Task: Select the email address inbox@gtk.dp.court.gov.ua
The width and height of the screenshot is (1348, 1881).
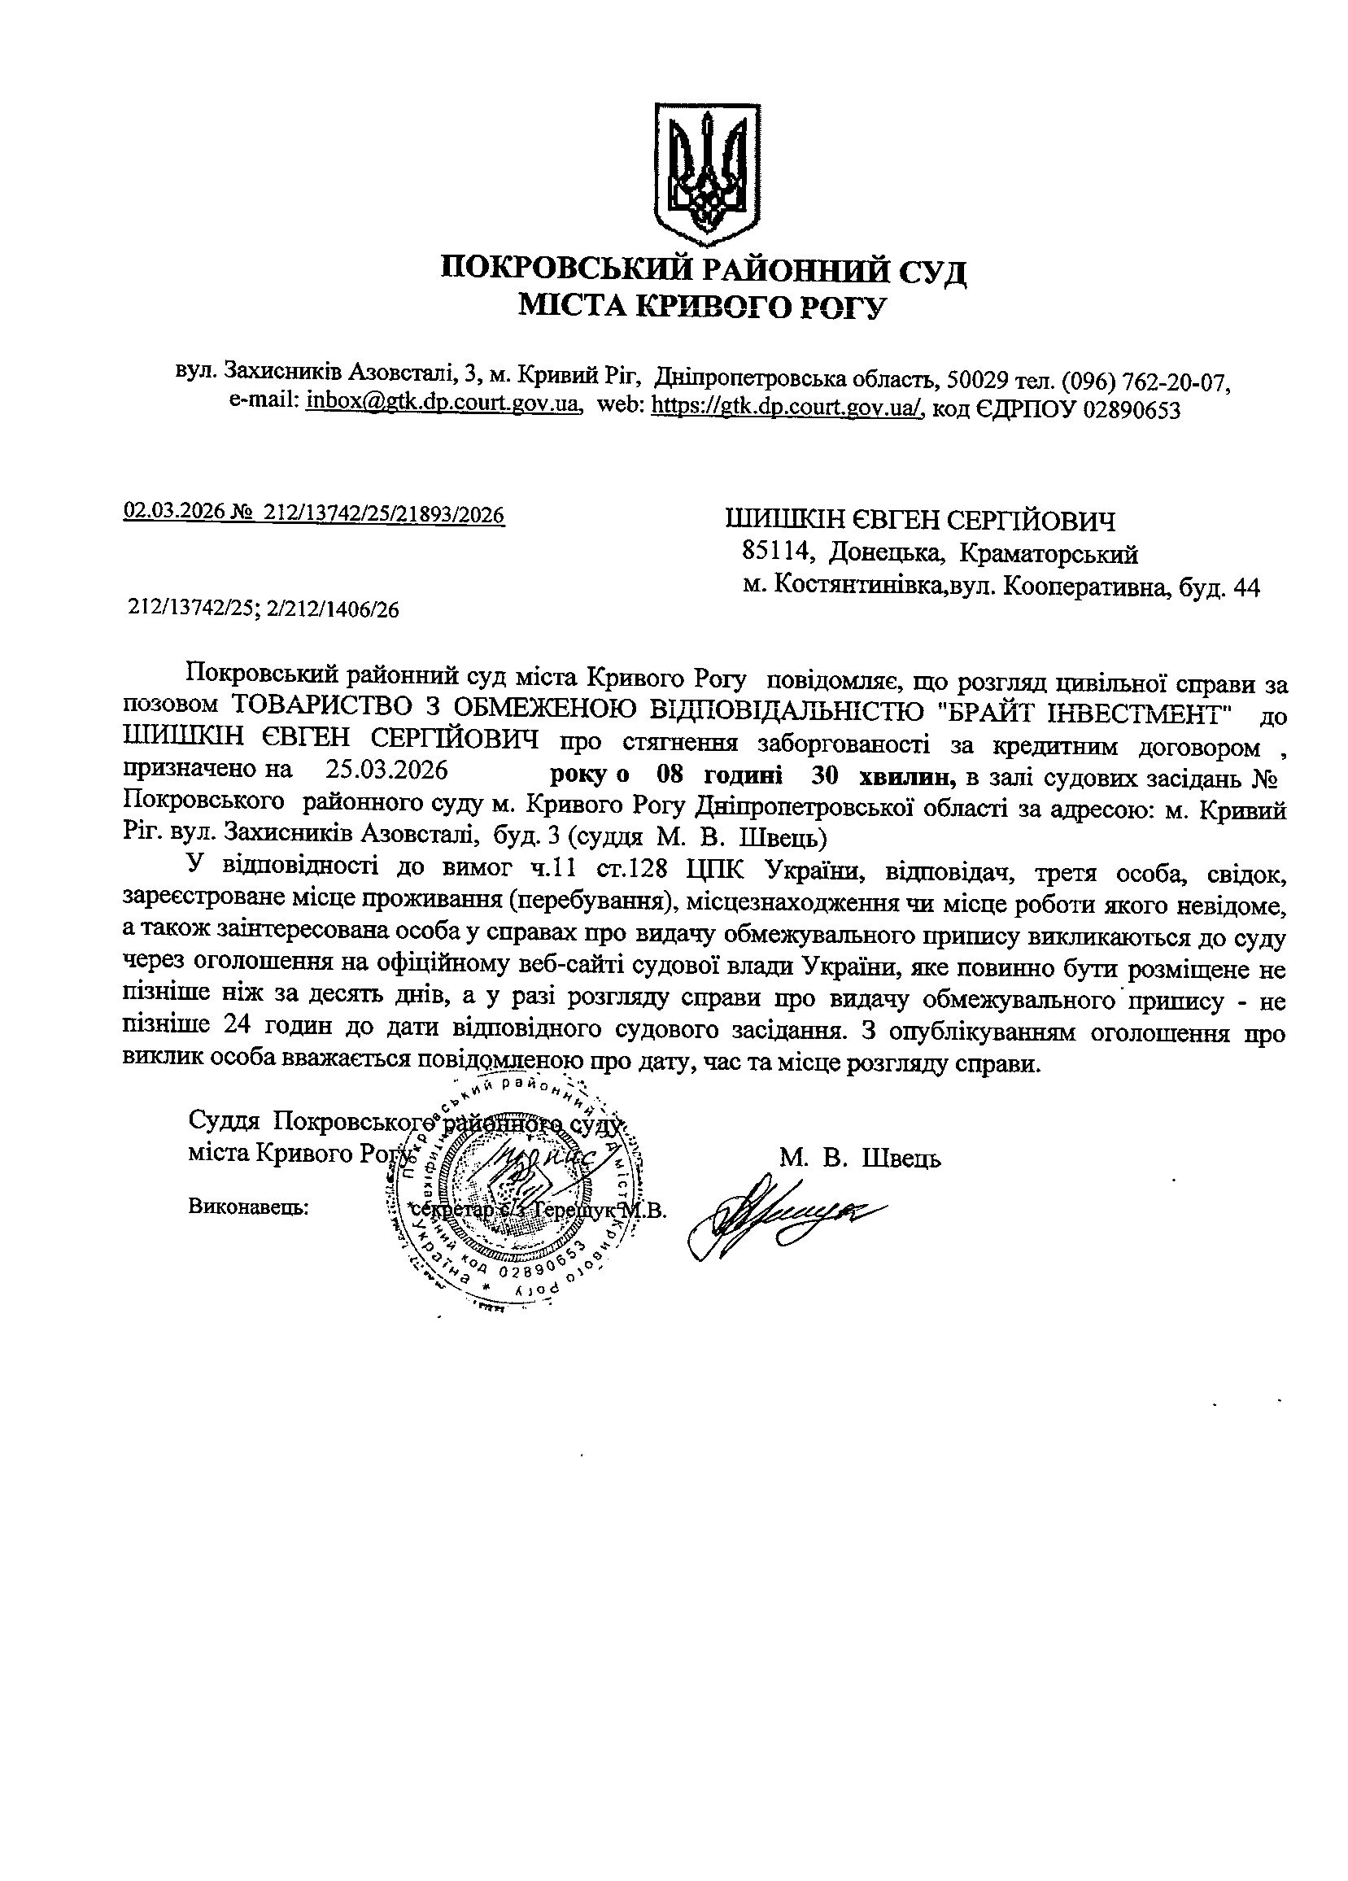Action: click(441, 405)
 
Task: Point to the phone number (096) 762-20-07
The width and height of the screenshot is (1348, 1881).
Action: click(1145, 382)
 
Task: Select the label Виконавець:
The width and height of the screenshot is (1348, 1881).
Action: click(249, 1207)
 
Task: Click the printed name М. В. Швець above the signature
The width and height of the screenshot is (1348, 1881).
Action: click(860, 1158)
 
